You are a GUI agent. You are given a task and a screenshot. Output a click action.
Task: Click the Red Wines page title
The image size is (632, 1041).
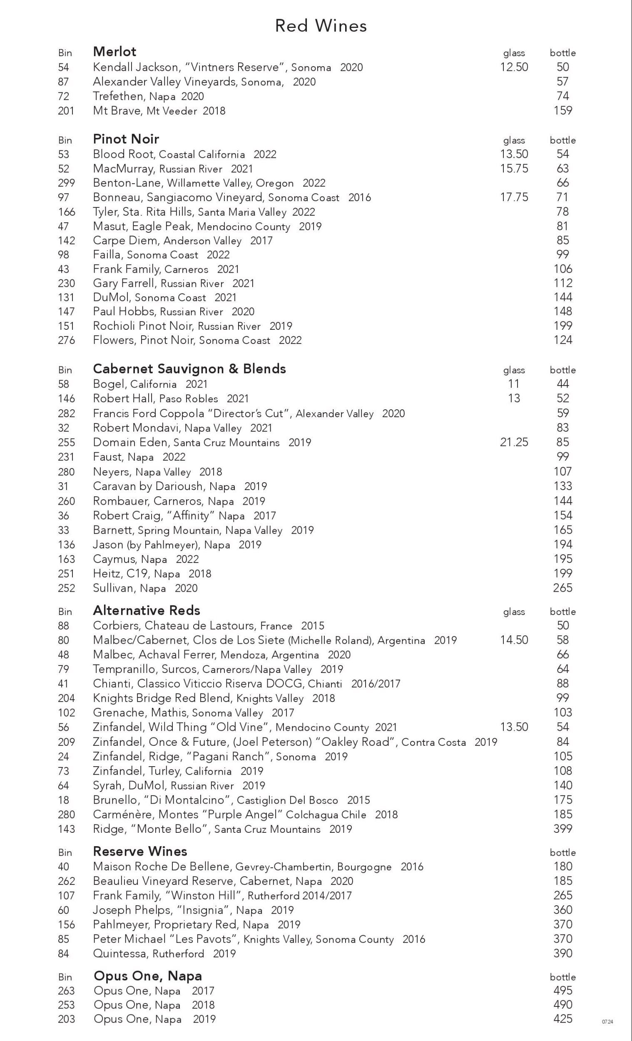[321, 26]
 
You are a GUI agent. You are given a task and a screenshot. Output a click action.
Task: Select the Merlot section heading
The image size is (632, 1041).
[114, 52]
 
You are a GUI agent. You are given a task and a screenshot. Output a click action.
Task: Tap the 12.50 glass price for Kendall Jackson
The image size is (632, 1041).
[514, 67]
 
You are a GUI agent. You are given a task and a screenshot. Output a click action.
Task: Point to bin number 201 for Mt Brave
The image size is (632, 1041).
[66, 111]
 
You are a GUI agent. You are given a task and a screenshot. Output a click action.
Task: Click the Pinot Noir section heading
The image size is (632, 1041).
[126, 139]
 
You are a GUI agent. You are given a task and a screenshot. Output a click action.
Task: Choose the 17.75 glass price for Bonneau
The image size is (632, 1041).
[514, 197]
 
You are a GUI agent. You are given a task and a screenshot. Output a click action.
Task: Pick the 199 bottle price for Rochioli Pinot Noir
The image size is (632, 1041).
[563, 326]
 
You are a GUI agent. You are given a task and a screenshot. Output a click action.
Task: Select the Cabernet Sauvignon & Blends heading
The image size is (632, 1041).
[189, 369]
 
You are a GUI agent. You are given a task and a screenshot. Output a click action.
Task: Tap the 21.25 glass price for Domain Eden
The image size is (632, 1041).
[514, 442]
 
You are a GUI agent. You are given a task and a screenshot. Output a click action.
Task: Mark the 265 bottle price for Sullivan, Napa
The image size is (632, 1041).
[563, 588]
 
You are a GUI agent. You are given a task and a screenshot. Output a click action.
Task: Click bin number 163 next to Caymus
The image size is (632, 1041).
[66, 559]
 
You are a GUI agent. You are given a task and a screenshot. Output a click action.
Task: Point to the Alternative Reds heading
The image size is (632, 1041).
[146, 610]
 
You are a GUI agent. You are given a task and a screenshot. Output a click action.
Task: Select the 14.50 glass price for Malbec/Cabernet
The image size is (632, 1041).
[514, 640]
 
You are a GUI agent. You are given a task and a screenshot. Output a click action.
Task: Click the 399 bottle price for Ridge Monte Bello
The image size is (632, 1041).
[563, 829]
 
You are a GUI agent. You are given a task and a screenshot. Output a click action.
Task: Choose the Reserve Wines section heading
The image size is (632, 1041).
[140, 851]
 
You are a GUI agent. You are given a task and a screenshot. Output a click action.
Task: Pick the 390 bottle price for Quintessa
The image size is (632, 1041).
[563, 953]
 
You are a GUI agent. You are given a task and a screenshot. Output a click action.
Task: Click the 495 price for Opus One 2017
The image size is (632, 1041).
[563, 990]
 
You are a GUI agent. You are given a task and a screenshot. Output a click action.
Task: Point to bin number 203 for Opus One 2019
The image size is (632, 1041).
[66, 1019]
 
